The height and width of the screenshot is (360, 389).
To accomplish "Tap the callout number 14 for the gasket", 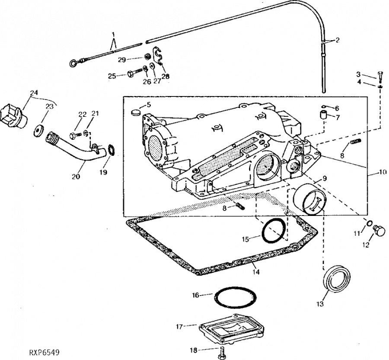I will pos(256,273).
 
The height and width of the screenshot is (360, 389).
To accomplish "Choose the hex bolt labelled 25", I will pos(132,74).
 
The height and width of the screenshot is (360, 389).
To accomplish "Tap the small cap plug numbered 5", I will pos(136,112).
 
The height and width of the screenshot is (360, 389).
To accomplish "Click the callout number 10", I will pos(382,171).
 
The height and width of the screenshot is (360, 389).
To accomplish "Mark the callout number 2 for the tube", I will pos(338,40).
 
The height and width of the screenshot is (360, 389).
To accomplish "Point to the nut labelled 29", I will pos(147,56).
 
